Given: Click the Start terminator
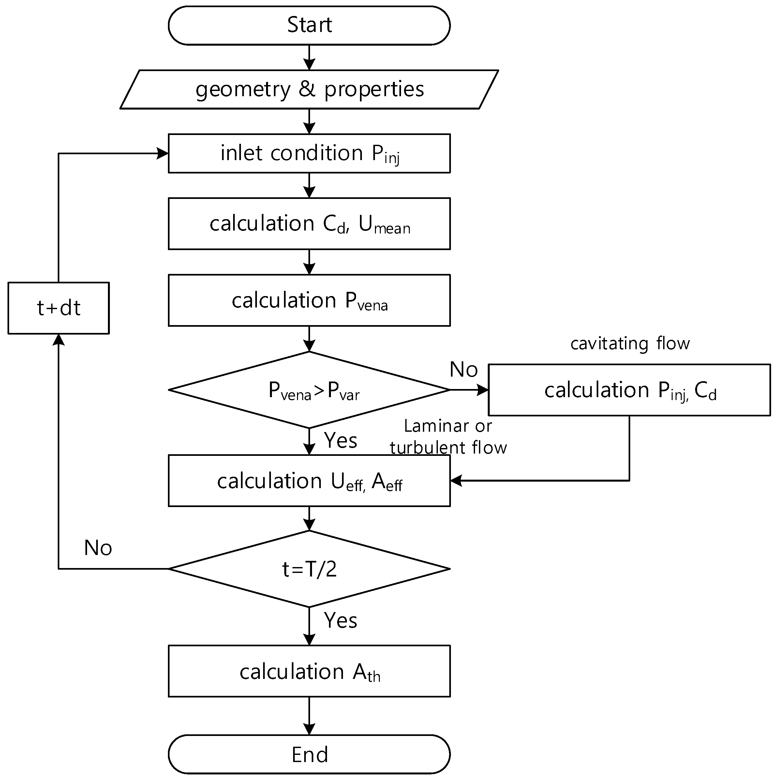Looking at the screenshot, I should pyautogui.click(x=309, y=25).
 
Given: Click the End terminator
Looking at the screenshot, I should pyautogui.click(x=309, y=754).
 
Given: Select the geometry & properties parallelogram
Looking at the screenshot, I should pyautogui.click(x=309, y=89).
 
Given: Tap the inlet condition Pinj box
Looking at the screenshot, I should pyautogui.click(x=309, y=153).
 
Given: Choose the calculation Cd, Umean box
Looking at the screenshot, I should pyautogui.click(x=309, y=223).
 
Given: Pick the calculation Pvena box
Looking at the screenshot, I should pyautogui.click(x=309, y=300).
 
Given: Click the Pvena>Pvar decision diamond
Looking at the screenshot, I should pyautogui.click(x=309, y=390).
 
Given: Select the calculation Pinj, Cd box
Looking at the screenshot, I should pyautogui.click(x=629, y=390).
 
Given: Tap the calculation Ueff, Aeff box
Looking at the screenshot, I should pyautogui.click(x=309, y=481).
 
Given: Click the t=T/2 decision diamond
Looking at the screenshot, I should pyautogui.click(x=309, y=569).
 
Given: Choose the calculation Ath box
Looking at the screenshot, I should pyautogui.click(x=309, y=671).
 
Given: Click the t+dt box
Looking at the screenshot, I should pyautogui.click(x=58, y=308).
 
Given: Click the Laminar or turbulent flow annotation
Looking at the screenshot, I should pyautogui.click(x=448, y=437).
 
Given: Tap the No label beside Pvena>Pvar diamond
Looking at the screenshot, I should pyautogui.click(x=463, y=369).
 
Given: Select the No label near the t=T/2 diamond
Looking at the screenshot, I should pyautogui.click(x=98, y=548).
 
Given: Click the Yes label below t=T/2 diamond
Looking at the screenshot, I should pyautogui.click(x=340, y=620).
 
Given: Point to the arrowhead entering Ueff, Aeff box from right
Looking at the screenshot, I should pyautogui.click(x=456, y=481).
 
